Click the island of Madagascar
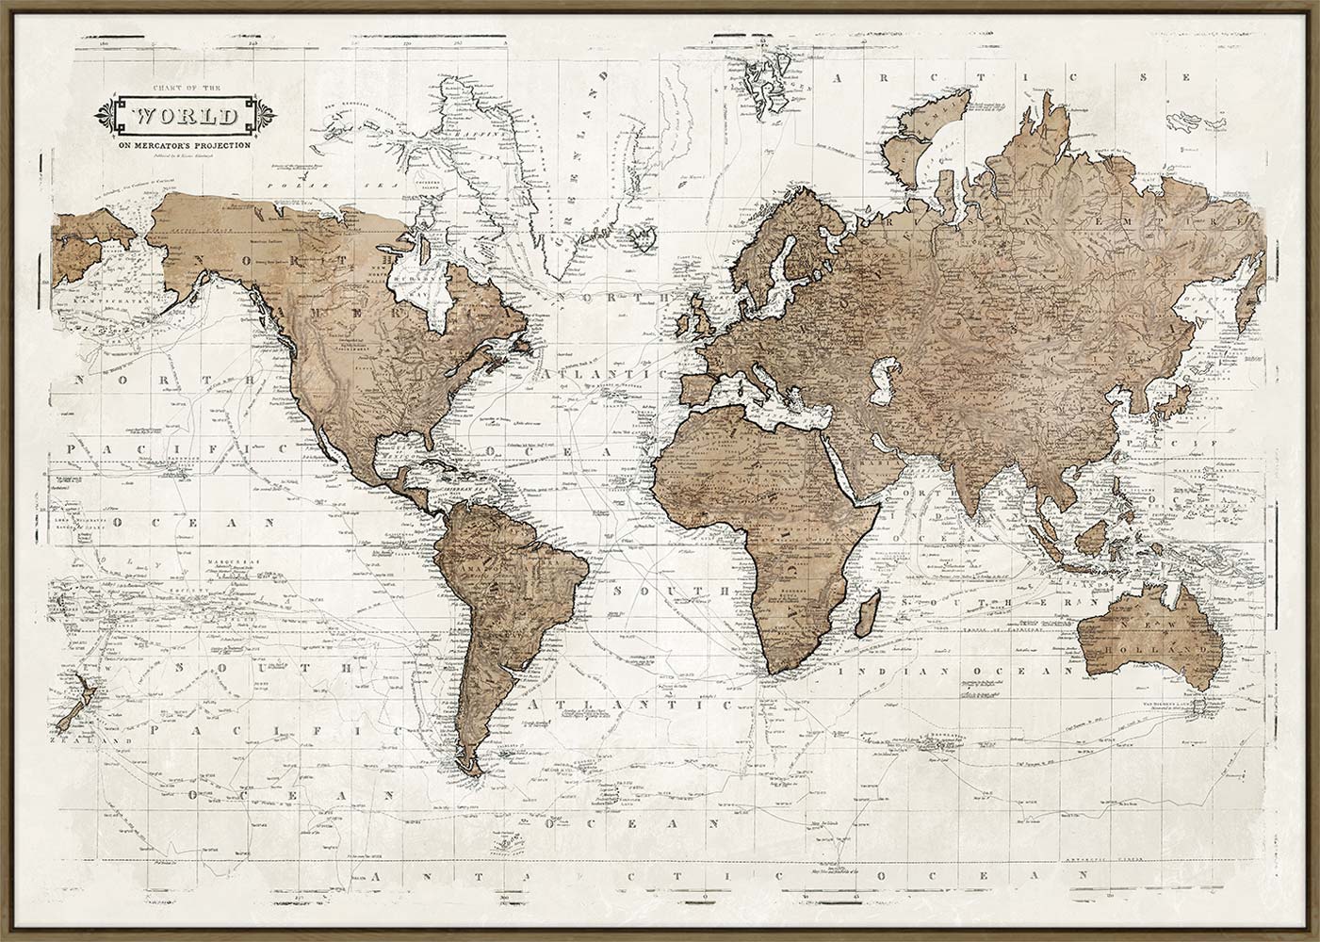859,617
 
